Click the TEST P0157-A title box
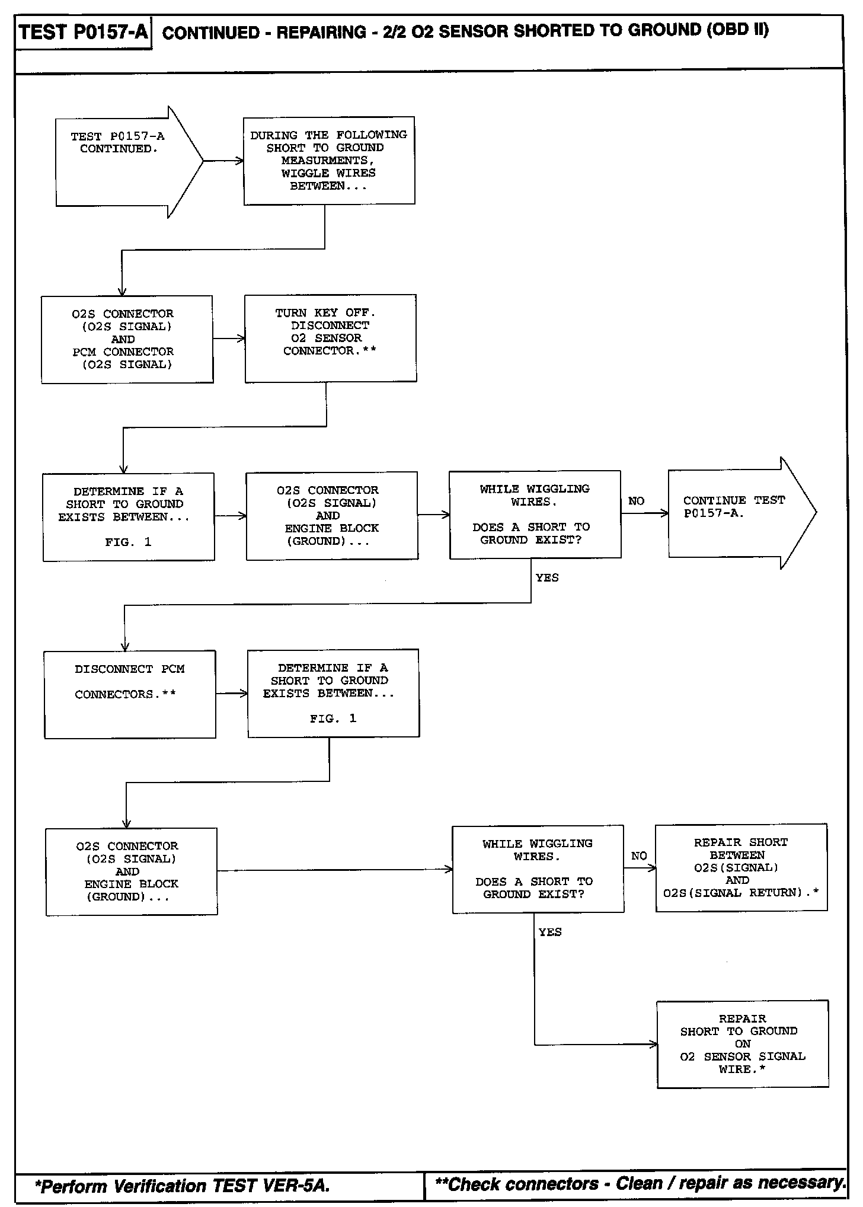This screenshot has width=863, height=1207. (83, 32)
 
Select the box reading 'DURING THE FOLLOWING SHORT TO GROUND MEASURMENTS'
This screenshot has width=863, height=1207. (329, 161)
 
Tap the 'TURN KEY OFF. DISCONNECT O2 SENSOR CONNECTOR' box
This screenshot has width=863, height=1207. (330, 338)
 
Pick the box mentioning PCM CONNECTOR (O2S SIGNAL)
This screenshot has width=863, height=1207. (127, 339)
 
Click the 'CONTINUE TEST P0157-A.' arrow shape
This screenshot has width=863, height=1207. (741, 513)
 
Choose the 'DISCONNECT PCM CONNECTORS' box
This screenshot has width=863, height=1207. (130, 694)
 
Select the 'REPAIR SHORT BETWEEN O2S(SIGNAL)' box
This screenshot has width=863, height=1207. (741, 867)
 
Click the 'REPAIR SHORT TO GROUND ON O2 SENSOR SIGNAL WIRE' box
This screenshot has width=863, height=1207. (742, 1044)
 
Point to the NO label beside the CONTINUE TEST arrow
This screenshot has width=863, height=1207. (636, 501)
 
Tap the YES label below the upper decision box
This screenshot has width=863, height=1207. (546, 577)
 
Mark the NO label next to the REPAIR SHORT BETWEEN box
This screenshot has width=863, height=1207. (639, 856)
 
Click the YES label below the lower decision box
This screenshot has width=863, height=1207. (549, 932)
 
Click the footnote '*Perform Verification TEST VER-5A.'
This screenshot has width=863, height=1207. (183, 1186)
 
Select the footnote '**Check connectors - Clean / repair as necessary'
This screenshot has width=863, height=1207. (640, 1184)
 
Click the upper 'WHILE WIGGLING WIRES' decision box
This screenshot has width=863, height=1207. (535, 515)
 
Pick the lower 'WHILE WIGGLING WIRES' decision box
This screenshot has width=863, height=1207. (538, 868)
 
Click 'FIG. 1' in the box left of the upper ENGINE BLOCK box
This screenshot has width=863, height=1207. (128, 542)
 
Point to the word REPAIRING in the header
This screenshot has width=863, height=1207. (321, 32)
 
